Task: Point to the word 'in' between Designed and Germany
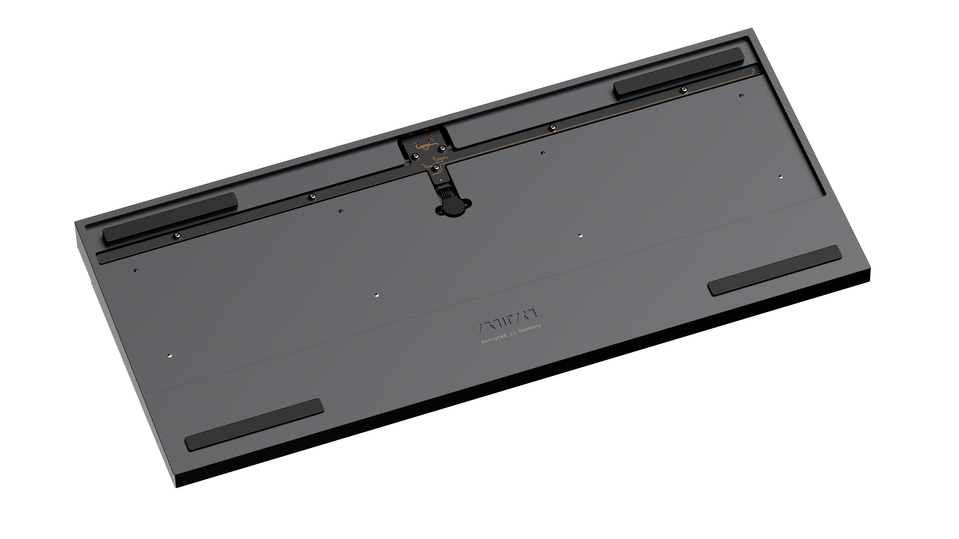(513, 333)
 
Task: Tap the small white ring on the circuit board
(441, 180)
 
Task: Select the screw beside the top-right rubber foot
(684, 89)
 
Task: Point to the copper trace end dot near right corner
(753, 70)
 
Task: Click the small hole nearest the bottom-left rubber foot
(170, 355)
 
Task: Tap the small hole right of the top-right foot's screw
(741, 96)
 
